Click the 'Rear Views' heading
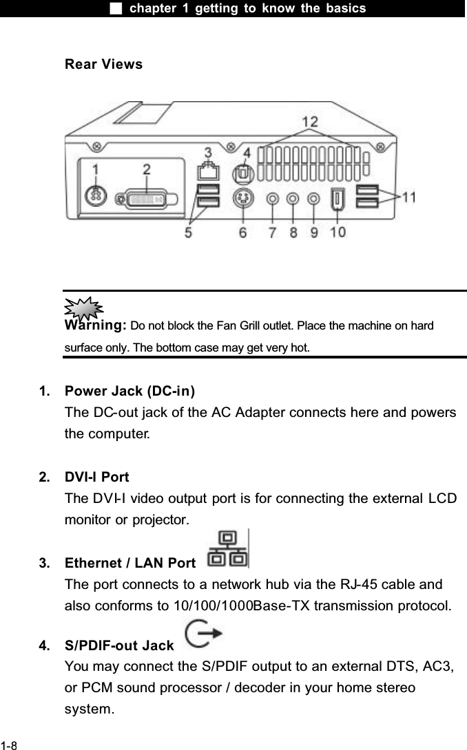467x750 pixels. pos(103,65)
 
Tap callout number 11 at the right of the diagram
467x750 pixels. pos(408,197)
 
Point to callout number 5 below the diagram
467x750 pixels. pos(188,232)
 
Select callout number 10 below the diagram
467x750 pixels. pos(338,232)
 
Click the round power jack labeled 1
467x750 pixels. pos(96,195)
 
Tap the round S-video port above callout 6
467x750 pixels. pos(242,199)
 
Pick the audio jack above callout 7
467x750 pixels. pos(273,199)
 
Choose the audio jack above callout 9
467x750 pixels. pos(313,199)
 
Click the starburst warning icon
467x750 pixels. pos(83,309)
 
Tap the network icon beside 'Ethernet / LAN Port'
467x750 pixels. pos(228,549)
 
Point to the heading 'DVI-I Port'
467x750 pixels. pos(96,477)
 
